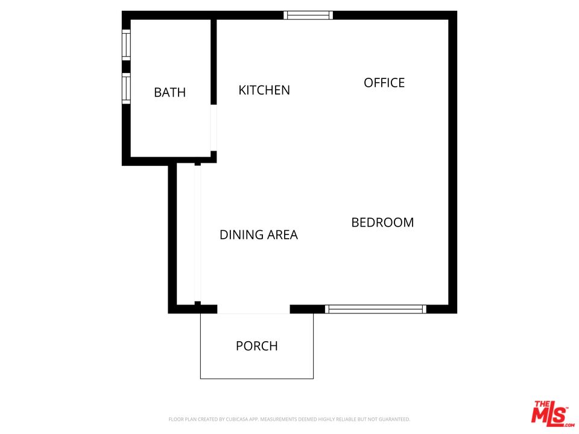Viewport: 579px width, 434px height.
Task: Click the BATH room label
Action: (x=169, y=92)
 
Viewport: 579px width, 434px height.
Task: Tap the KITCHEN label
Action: (x=264, y=90)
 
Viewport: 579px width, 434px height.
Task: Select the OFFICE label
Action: (x=384, y=83)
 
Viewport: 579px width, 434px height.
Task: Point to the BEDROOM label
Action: (x=382, y=222)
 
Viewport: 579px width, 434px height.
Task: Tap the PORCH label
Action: (x=257, y=346)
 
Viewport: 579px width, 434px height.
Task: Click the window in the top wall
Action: (x=308, y=15)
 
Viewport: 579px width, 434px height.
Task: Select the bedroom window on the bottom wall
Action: (x=376, y=309)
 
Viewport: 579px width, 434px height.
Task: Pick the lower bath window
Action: (x=126, y=88)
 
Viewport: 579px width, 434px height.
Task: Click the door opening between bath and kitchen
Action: (x=213, y=128)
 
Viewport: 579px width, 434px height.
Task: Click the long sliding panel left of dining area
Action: (x=197, y=233)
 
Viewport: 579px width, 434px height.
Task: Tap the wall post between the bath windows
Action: (x=126, y=66)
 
